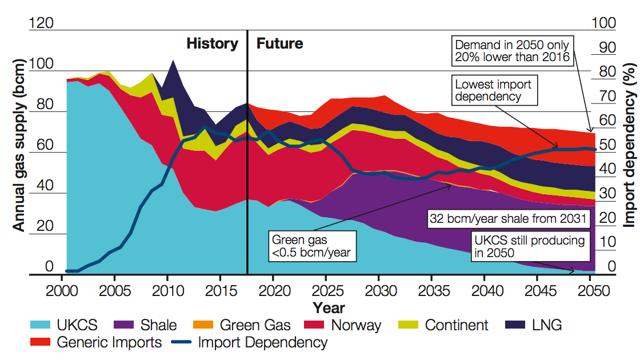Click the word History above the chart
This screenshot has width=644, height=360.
212,44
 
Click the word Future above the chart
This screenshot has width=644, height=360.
279,44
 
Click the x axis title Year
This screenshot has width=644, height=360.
329,308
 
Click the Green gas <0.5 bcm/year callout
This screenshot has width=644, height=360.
311,246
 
